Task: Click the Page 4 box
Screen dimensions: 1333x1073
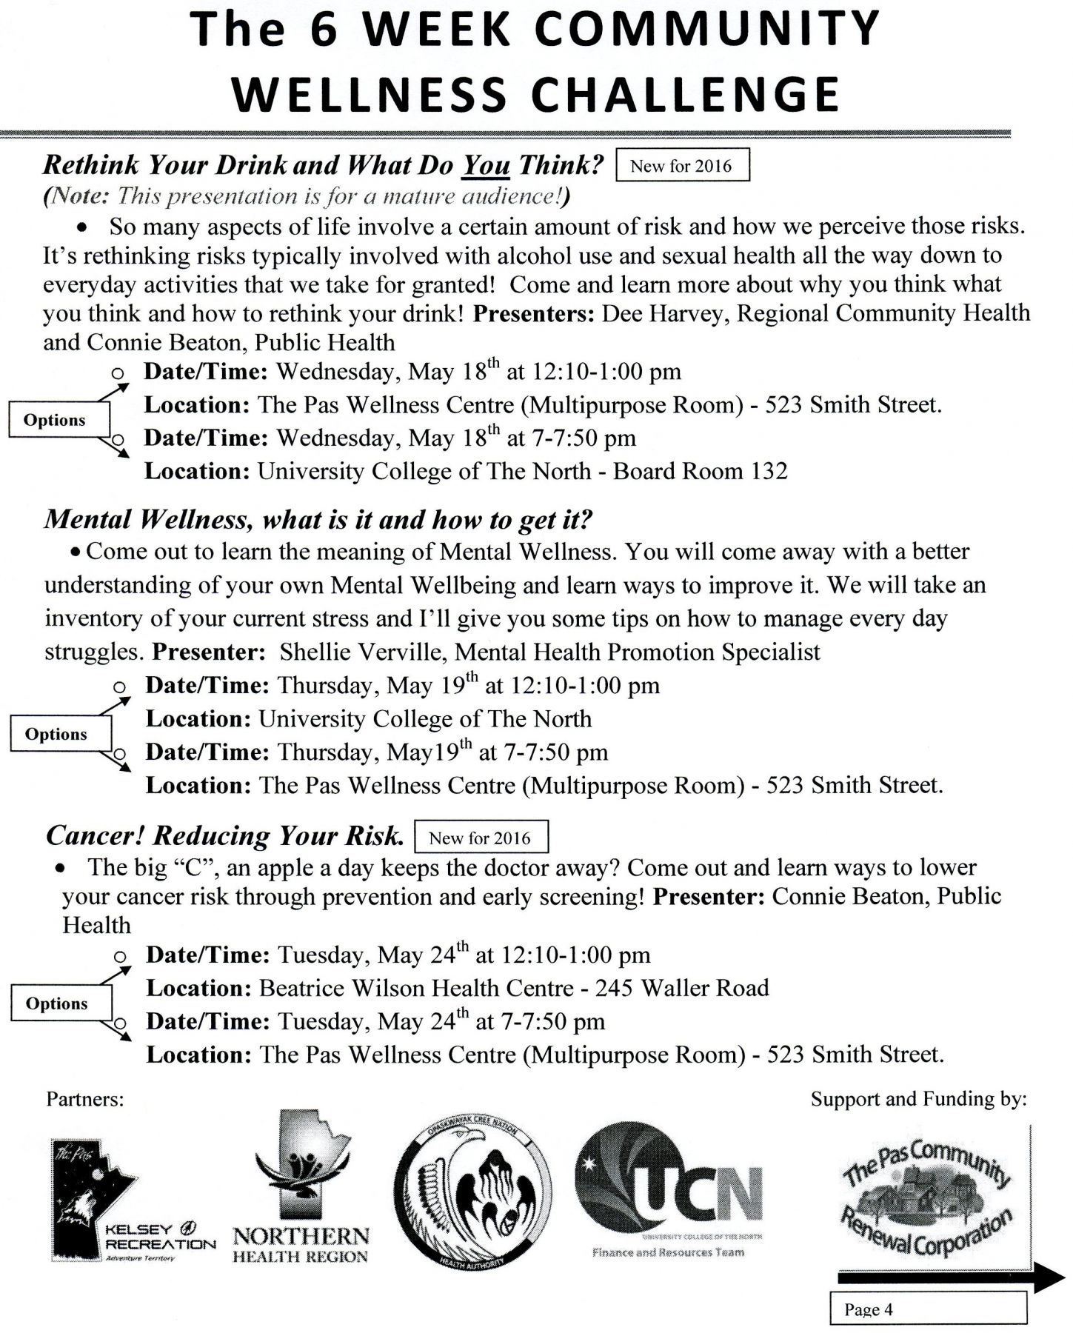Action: (927, 1309)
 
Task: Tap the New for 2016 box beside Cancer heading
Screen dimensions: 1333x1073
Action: (480, 838)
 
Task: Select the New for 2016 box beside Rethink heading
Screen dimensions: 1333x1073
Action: (681, 166)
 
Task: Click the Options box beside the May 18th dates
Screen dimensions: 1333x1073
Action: (56, 421)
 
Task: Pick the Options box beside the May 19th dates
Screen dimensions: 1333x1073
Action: (56, 735)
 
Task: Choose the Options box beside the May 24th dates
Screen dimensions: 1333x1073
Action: (57, 1004)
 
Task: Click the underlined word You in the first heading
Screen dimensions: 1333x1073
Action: (486, 164)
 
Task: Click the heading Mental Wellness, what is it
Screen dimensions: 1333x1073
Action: (318, 520)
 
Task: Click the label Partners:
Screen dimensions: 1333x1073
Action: (84, 1099)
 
